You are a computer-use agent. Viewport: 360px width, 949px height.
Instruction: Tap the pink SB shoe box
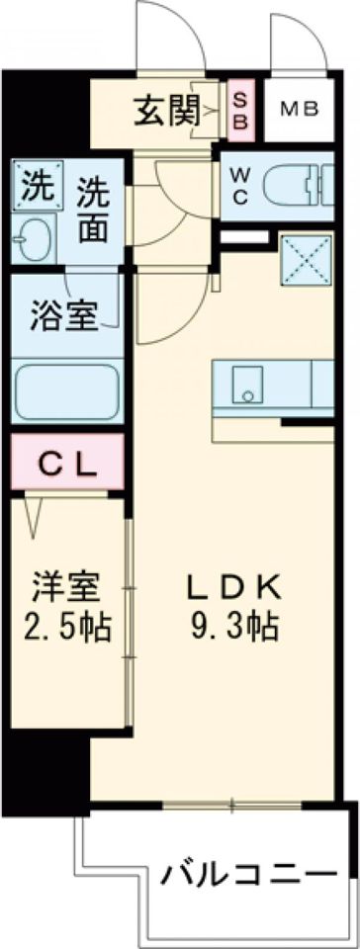(240, 110)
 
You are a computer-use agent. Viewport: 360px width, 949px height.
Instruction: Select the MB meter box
(298, 109)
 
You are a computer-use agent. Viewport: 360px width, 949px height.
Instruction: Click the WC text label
(241, 184)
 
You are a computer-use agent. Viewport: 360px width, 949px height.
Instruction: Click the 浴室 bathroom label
(62, 318)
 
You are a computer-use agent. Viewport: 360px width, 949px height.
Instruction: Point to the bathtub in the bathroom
(67, 391)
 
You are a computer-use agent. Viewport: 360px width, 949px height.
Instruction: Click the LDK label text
(234, 587)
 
